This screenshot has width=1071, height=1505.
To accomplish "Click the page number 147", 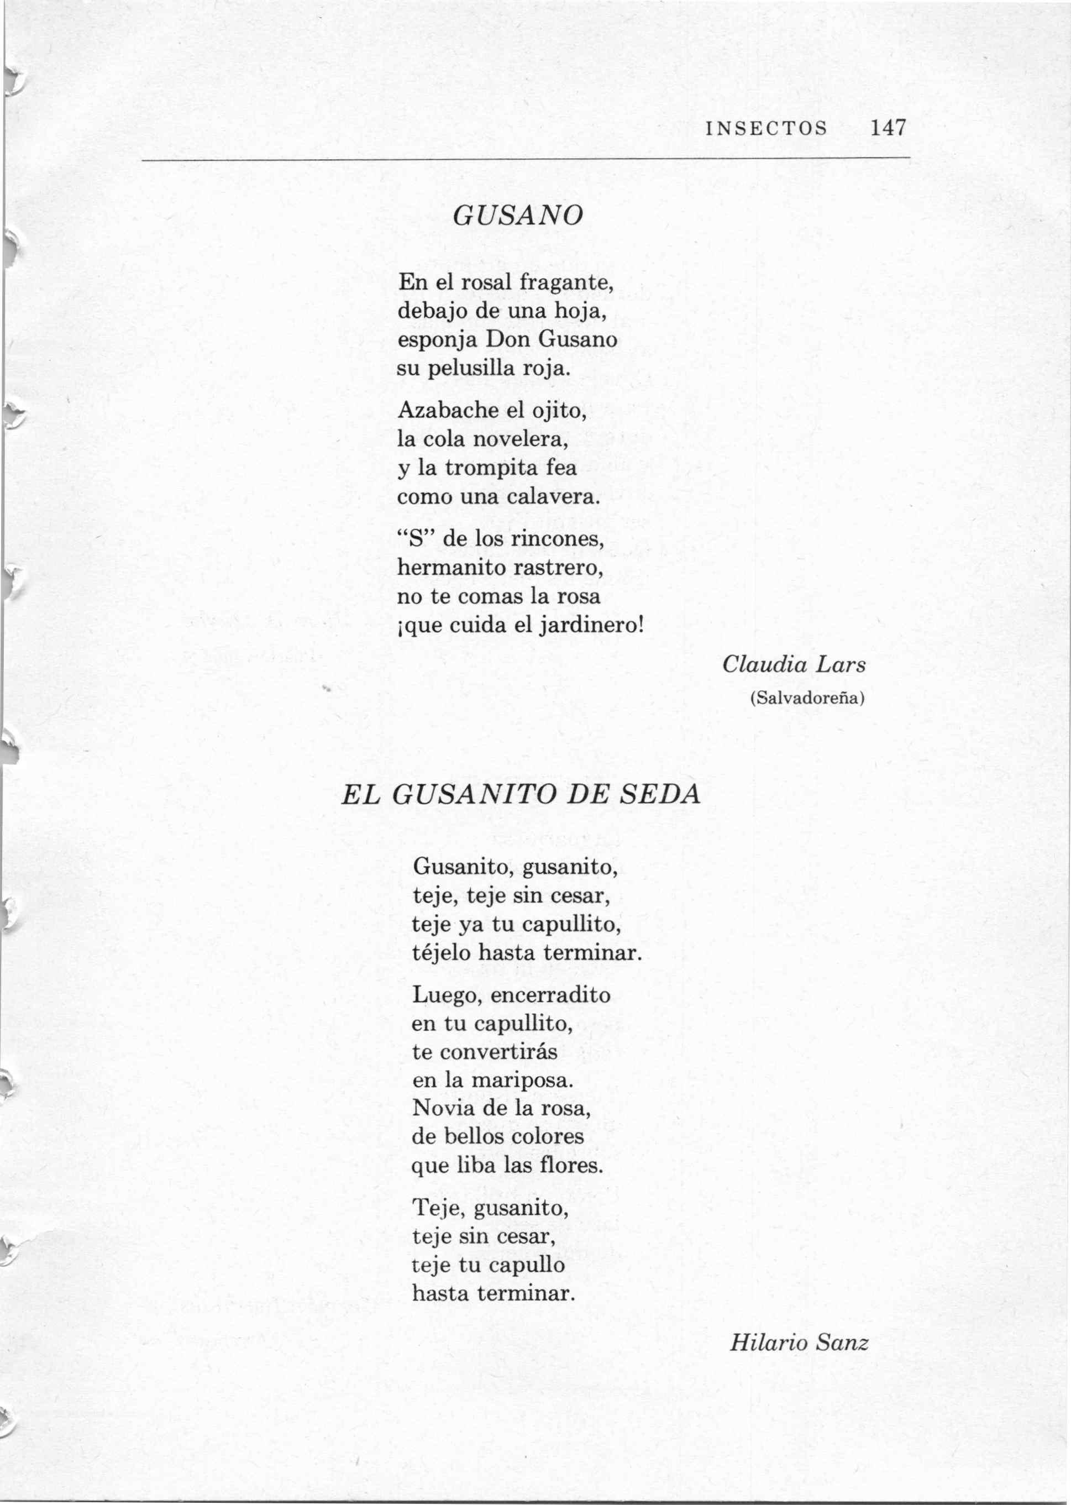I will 888,127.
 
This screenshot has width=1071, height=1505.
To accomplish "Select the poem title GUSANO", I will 518,216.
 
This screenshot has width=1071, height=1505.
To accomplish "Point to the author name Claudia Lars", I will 794,665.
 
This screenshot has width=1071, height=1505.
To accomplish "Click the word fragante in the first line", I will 566,283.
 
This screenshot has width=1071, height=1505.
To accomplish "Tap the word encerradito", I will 550,994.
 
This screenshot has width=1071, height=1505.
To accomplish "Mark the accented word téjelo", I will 441,953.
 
